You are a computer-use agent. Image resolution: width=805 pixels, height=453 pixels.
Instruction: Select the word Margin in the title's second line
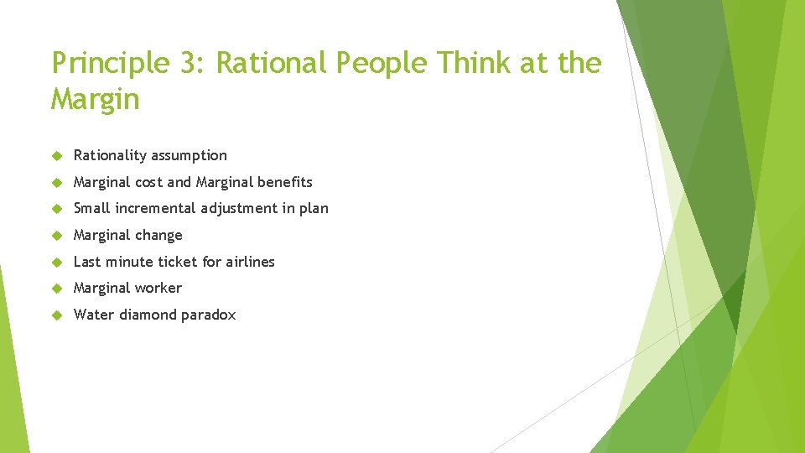coord(95,100)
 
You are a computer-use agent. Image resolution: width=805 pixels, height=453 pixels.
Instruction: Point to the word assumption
coord(189,155)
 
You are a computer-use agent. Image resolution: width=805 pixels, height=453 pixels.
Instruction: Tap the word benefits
coord(285,182)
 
